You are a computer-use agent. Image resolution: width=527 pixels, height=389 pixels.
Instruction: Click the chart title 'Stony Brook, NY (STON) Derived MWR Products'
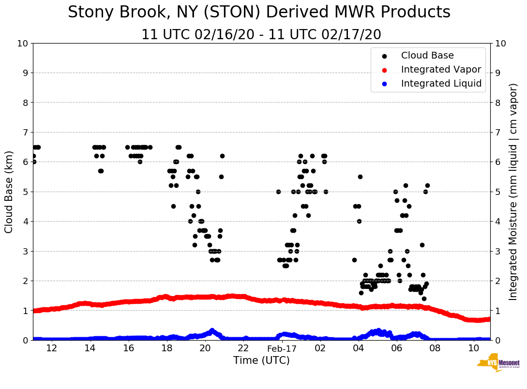coord(259,13)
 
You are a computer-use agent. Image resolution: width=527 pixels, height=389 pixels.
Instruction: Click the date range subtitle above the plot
coord(261,35)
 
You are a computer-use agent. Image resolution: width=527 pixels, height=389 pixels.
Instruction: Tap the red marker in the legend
coord(385,70)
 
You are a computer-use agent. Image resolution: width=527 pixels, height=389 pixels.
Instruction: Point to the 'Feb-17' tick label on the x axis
coord(282,348)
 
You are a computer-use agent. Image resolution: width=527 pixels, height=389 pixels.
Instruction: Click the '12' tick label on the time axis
coord(52,348)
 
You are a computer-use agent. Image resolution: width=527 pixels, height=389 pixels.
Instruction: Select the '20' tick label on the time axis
coord(205,348)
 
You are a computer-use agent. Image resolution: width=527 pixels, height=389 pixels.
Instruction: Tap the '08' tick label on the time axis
coord(435,348)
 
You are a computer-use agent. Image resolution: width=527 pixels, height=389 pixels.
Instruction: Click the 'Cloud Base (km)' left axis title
coord(9,192)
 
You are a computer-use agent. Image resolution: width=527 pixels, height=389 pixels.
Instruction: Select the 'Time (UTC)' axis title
coord(261,360)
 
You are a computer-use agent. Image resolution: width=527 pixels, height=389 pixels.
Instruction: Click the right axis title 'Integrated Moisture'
coord(513,192)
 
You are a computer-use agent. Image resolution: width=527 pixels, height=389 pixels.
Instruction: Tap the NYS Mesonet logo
coord(498,364)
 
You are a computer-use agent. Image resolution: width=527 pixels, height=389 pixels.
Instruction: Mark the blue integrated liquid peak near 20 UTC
coord(212,330)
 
